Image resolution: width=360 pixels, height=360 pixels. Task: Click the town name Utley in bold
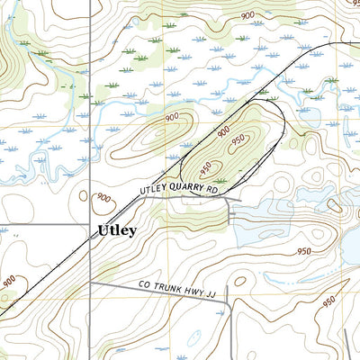click(x=117, y=230)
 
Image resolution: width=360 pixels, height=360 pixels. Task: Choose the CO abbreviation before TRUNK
click(x=147, y=284)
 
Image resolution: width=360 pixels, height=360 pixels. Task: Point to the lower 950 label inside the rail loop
click(x=206, y=167)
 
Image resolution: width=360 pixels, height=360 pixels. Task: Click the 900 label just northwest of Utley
click(x=104, y=198)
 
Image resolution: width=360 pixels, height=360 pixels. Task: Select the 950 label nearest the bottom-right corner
click(x=328, y=301)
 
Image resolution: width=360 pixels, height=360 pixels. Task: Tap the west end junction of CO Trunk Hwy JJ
click(x=91, y=283)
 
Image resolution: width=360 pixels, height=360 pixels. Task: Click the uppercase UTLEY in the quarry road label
click(x=155, y=191)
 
